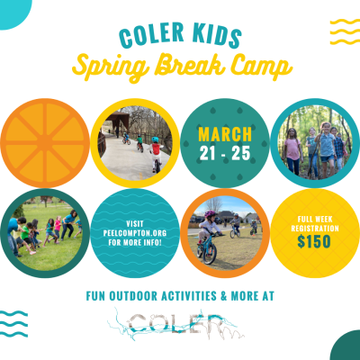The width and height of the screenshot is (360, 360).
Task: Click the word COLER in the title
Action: pos(151,35)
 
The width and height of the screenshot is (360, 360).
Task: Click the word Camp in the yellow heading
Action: pos(261,67)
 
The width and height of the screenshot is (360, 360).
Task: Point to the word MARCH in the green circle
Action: pos(225,134)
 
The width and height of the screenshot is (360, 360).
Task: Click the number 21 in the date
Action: pos(208,153)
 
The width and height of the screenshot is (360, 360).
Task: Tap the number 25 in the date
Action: pos(241,153)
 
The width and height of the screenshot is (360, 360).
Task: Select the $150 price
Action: pos(314,241)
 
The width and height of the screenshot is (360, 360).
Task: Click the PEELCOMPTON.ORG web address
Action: pos(135,233)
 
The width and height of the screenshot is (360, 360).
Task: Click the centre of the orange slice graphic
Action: pos(45,143)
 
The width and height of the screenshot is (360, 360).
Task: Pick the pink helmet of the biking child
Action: pos(210,214)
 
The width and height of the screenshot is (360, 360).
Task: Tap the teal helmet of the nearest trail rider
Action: pos(155,139)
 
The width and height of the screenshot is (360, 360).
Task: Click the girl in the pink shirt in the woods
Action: pos(292,151)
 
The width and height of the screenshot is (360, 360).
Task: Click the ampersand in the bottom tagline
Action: pos(224,296)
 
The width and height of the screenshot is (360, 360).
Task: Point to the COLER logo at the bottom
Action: pos(175,324)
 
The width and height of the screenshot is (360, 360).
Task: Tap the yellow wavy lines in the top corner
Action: pos(345,31)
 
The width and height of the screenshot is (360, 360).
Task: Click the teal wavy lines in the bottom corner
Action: pos(13,324)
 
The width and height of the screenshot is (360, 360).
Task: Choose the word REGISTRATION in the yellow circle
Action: pos(315,229)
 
